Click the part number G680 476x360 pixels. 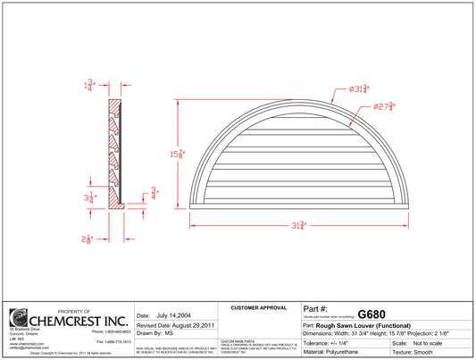pyautogui.click(x=372, y=314)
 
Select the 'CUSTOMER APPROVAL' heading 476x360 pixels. pyautogui.click(x=258, y=307)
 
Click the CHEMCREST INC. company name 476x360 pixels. pyautogui.click(x=79, y=319)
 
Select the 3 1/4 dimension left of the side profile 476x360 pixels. pyautogui.click(x=89, y=198)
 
